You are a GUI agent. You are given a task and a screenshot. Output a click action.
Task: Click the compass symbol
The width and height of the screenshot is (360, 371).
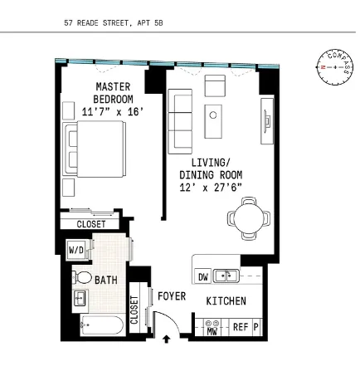335,66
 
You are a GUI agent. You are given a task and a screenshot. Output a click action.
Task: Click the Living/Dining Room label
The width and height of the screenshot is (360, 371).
211,175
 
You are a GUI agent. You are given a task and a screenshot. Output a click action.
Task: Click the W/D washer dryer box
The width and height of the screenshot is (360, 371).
75,248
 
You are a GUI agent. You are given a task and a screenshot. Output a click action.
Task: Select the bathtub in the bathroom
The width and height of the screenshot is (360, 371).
95,327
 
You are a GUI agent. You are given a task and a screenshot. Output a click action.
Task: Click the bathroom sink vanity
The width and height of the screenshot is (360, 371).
80,299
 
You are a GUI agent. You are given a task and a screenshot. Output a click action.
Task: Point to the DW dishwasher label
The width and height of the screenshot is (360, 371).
202,276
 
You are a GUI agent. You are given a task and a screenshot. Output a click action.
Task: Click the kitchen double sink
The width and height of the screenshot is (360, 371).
226,276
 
